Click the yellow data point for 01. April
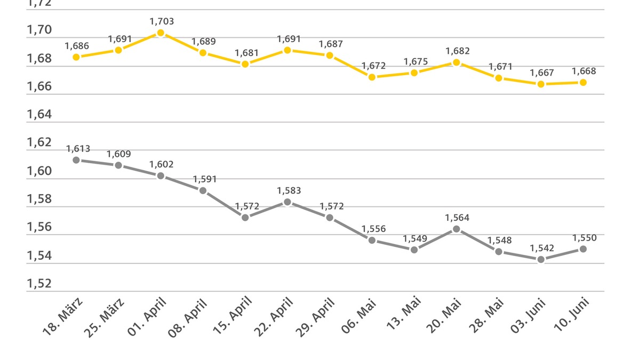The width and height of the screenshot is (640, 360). [161, 33]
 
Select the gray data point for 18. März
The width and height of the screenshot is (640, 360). [76, 160]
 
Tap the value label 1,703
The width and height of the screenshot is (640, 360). [162, 21]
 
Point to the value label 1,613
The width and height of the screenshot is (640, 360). [77, 149]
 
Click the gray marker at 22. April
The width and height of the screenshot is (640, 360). [287, 202]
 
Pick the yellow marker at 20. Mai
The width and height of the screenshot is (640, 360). [457, 62]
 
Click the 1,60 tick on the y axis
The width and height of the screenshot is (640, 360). [39, 171]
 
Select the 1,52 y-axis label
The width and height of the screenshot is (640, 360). [39, 283]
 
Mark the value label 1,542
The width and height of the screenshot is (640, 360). [542, 248]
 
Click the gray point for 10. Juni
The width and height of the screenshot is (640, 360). [583, 249]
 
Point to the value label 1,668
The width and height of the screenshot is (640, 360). [584, 71]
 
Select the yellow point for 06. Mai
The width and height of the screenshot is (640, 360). [372, 77]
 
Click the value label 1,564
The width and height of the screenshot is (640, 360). [458, 218]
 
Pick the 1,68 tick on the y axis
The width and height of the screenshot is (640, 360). [39, 58]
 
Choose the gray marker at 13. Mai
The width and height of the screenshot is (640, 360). [414, 250]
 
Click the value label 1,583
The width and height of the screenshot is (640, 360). [289, 190]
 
